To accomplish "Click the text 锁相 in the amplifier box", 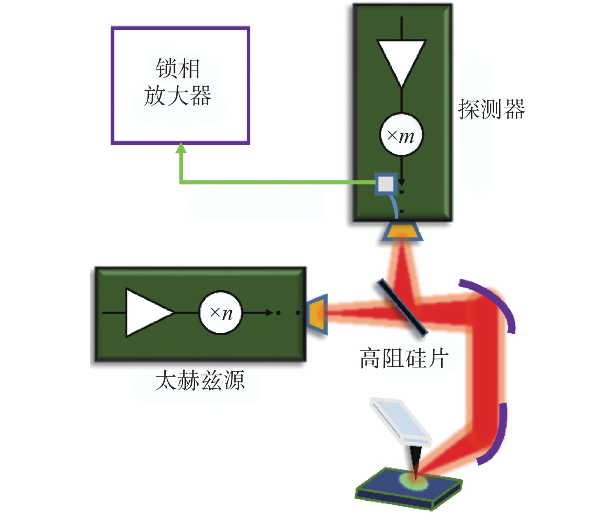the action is [178, 68].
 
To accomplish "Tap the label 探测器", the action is [491, 109].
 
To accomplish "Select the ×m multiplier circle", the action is [402, 134].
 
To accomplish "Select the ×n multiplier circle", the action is [221, 312].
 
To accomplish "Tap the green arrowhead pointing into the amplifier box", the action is [181, 148].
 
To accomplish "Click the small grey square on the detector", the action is [386, 184].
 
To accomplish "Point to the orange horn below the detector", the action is [402, 232].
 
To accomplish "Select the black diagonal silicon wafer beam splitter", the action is [402, 308].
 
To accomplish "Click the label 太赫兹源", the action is [200, 380].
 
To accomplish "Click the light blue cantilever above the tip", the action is [400, 422].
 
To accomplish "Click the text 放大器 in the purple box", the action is [178, 95].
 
